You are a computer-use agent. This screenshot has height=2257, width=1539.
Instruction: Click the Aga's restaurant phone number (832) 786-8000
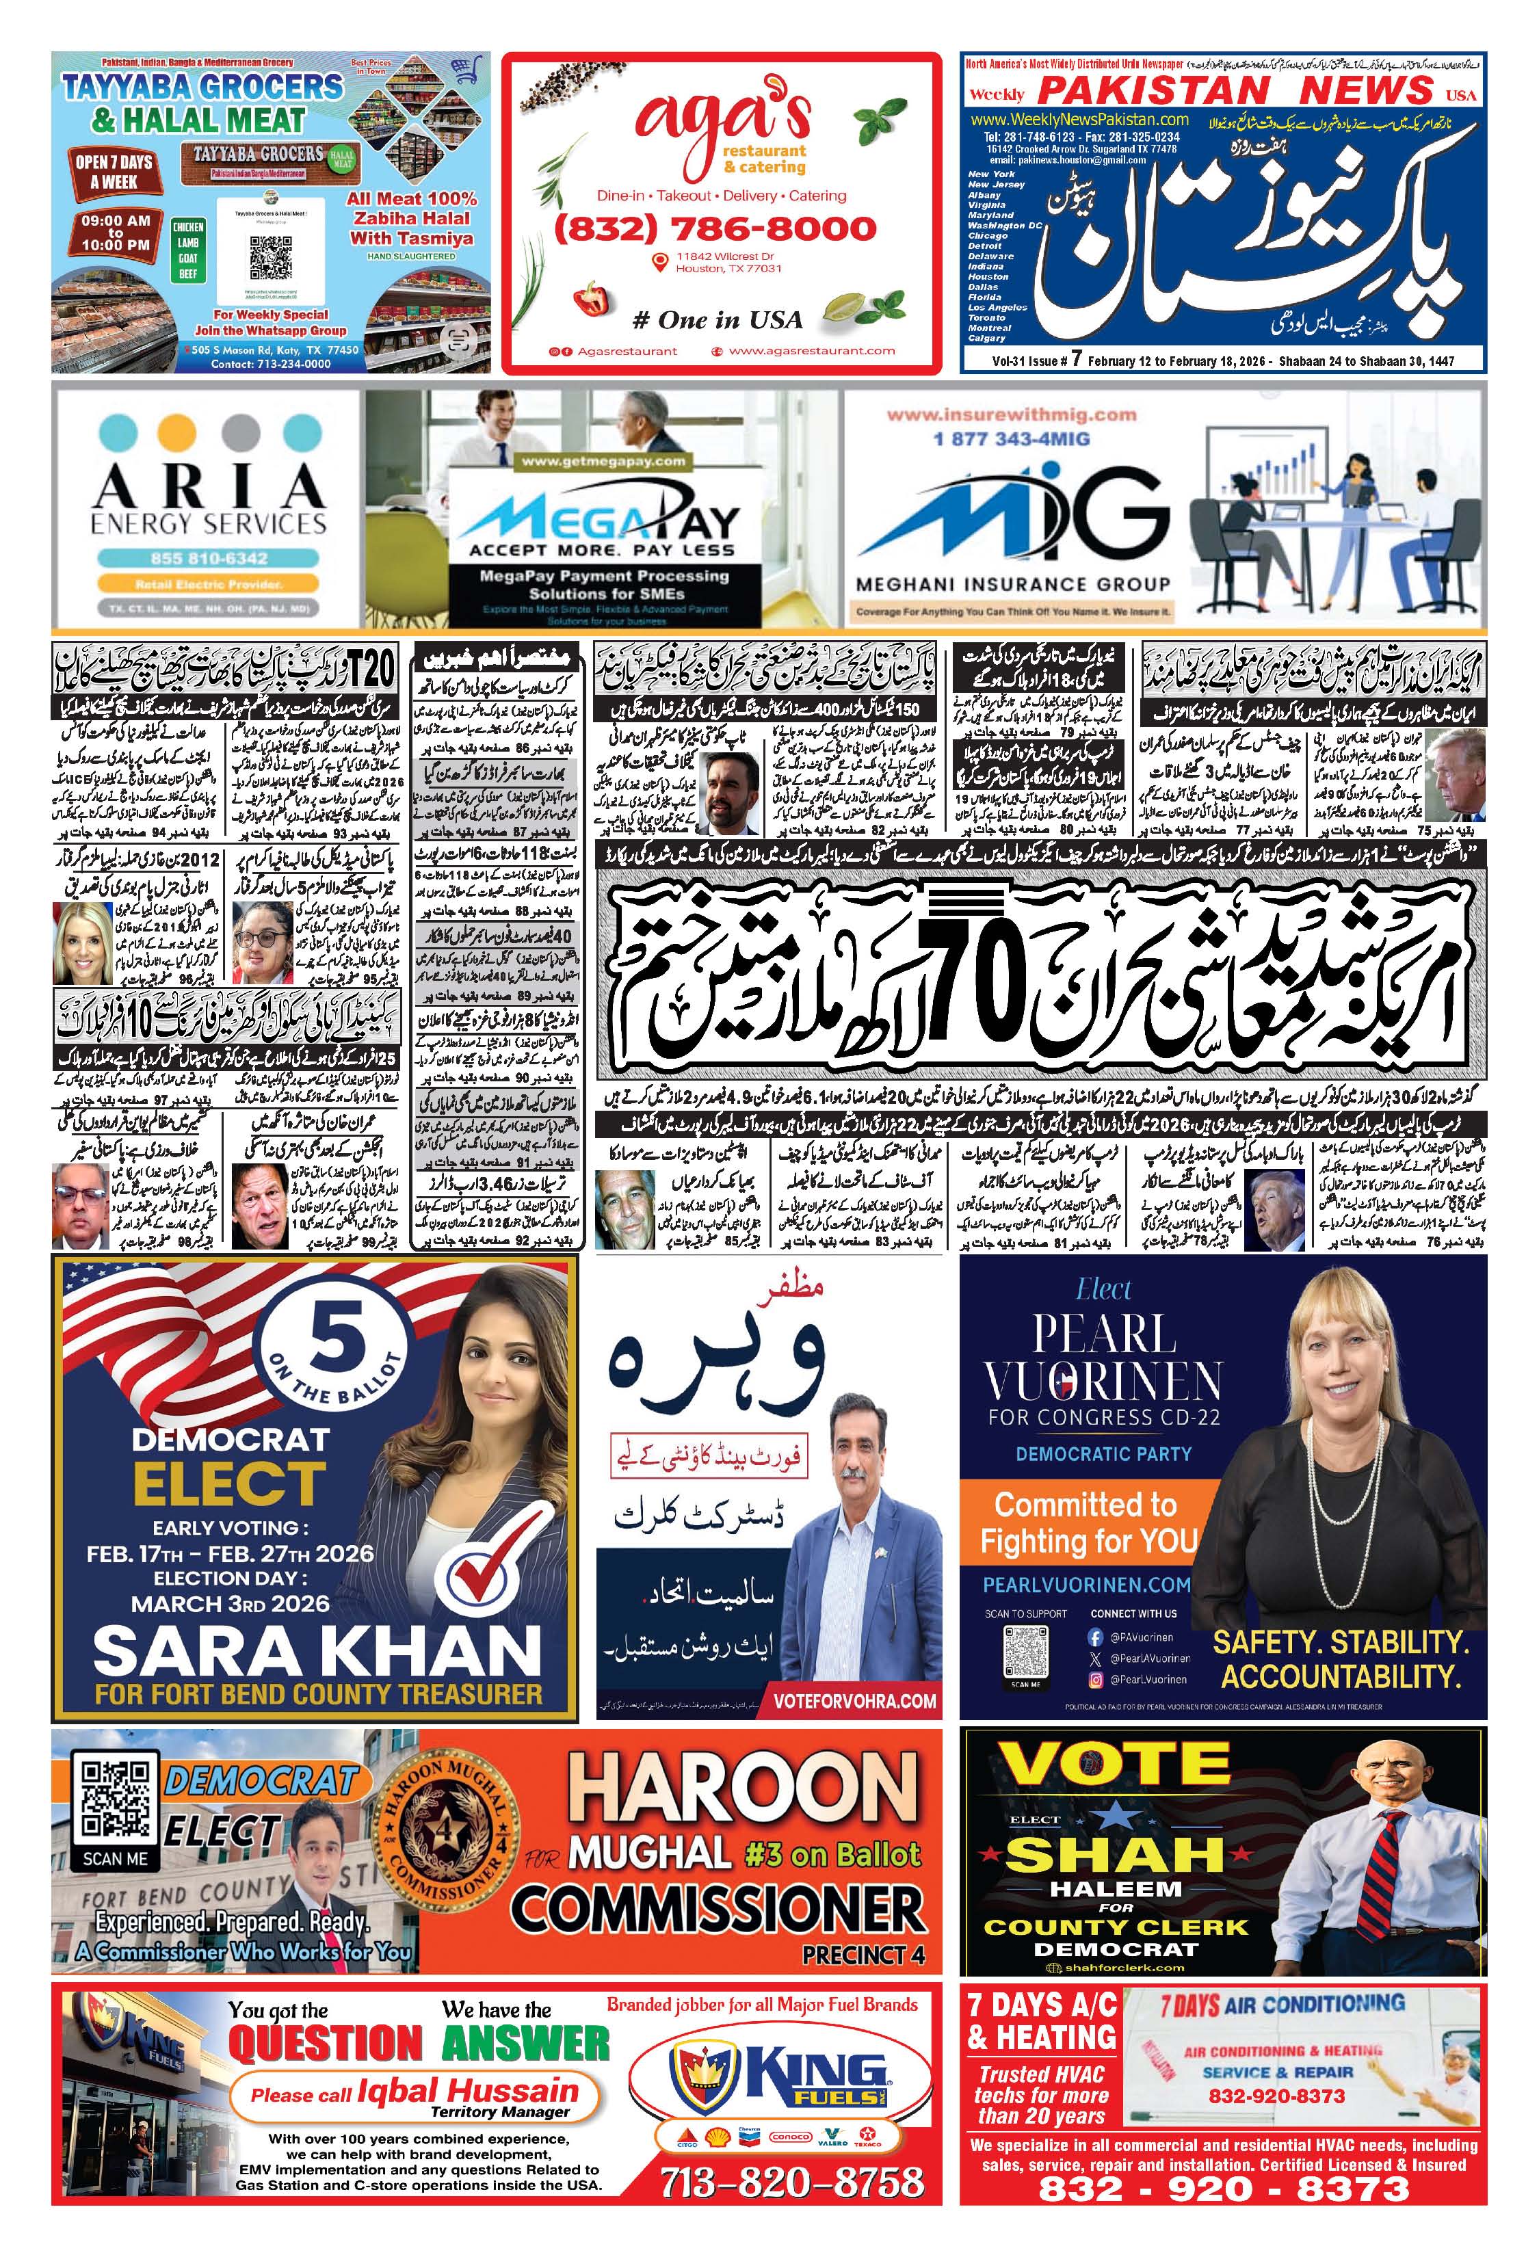715,229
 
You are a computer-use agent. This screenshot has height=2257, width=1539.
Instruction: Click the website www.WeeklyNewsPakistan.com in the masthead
1079,118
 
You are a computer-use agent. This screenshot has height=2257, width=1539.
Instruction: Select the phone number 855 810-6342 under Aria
208,558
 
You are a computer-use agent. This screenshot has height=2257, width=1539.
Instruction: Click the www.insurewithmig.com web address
1011,414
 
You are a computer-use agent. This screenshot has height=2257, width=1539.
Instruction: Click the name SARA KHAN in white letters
317,1651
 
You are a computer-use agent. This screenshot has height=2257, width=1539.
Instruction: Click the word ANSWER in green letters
525,2042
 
